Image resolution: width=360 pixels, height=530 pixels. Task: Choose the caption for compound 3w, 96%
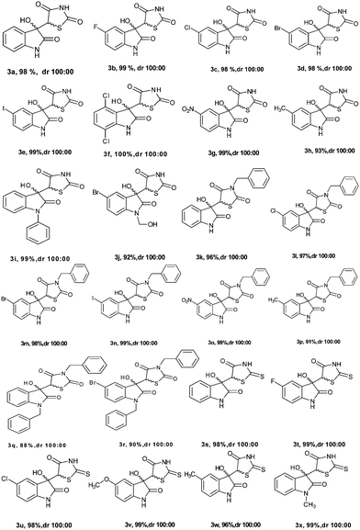[x=224, y=521]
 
